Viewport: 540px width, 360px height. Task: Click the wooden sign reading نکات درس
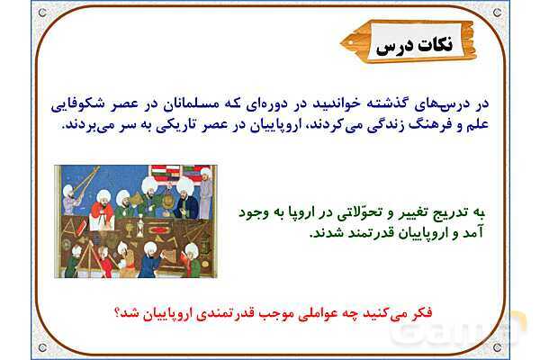tap(411, 42)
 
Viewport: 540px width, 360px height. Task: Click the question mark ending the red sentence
tap(117, 312)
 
